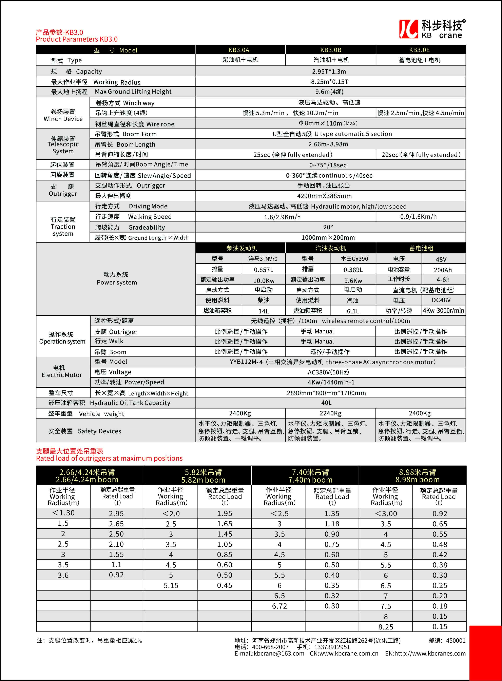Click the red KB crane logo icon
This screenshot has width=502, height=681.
click(408, 29)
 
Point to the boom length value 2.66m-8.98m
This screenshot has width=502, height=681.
click(328, 144)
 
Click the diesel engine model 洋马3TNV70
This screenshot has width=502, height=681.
click(263, 259)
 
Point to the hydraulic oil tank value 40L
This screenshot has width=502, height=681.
click(326, 403)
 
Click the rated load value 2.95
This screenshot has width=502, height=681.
click(116, 513)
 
